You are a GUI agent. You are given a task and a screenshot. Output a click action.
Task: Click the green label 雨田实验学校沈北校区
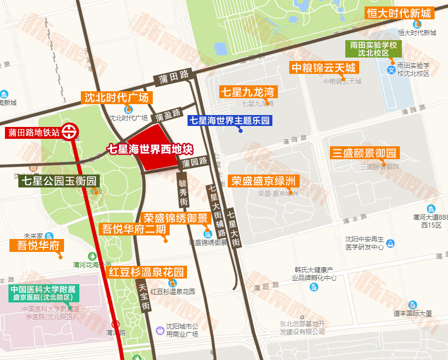(x=374, y=49)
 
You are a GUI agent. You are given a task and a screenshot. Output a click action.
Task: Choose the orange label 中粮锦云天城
(x=323, y=68)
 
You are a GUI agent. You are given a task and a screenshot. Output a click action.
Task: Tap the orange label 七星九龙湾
(x=247, y=92)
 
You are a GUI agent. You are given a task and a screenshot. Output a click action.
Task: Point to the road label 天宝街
(x=142, y=297)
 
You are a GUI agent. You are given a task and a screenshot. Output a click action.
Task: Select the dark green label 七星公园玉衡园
(x=59, y=180)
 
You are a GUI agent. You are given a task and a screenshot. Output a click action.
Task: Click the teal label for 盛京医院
(x=44, y=294)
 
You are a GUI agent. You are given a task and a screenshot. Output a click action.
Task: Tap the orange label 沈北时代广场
(x=117, y=97)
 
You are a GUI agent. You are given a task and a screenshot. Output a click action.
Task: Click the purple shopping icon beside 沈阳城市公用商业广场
(x=160, y=330)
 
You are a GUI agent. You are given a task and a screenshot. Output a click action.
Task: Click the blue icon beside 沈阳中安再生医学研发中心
(x=391, y=243)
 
